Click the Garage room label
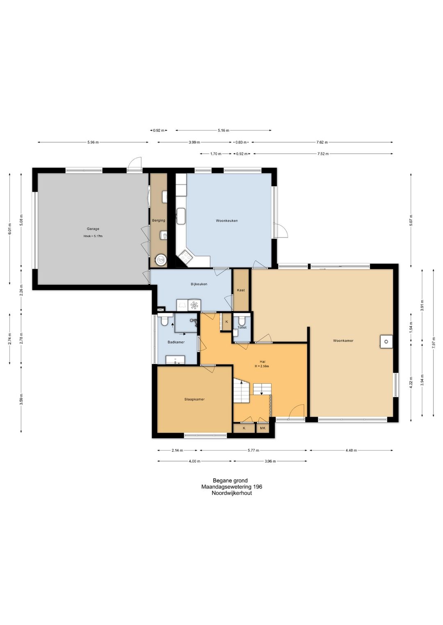pyautogui.click(x=93, y=229)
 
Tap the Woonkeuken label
pyautogui.click(x=227, y=221)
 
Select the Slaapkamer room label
pyautogui.click(x=194, y=399)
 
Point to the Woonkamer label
pyautogui.click(x=343, y=341)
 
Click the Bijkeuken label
pyautogui.click(x=199, y=284)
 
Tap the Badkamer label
pyautogui.click(x=176, y=342)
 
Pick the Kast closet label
pyautogui.click(x=241, y=290)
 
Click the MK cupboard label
pyautogui.click(x=263, y=428)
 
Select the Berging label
pyautogui.click(x=158, y=220)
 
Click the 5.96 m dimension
pyautogui.click(x=93, y=142)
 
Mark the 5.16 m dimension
pyautogui.click(x=223, y=130)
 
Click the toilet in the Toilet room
pyautogui.click(x=242, y=320)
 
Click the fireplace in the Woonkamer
pyautogui.click(x=386, y=342)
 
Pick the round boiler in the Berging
pyautogui.click(x=161, y=260)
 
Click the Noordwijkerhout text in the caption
pyautogui.click(x=232, y=493)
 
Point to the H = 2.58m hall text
pyautogui.click(x=262, y=366)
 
